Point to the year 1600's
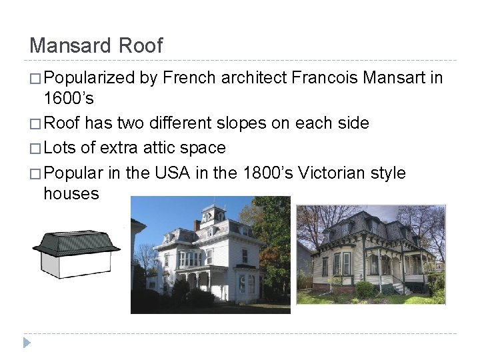[x=71, y=100]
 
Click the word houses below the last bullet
[x=71, y=194]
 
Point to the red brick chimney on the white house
[x=197, y=225]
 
